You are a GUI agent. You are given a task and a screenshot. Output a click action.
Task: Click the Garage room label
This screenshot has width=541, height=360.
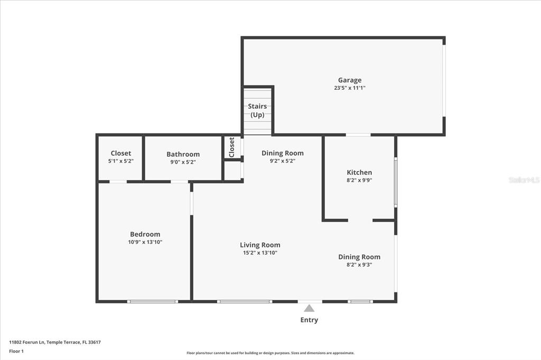[x=350, y=80]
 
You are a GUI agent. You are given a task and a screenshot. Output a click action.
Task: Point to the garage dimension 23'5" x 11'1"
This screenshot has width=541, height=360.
[x=350, y=88]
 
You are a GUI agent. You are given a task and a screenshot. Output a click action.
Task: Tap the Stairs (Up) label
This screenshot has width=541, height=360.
[x=257, y=110]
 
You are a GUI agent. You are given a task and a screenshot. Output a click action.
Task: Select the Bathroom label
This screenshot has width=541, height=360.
[x=183, y=154]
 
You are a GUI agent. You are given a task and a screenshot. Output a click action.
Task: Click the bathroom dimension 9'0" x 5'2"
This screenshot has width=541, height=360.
[x=183, y=162]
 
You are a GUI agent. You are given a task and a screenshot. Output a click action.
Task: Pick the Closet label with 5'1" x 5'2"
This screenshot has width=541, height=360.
[x=121, y=153]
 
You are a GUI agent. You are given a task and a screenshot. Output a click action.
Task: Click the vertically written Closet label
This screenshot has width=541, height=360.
[x=232, y=147]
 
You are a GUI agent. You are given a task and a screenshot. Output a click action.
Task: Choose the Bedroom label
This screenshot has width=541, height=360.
[x=145, y=234]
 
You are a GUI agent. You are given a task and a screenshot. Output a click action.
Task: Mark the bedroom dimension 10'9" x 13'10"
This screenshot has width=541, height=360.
[x=145, y=242]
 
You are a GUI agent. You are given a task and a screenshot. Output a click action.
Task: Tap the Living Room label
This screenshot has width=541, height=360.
[x=260, y=245]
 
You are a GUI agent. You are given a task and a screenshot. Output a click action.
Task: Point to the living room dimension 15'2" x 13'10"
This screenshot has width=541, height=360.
[x=260, y=253]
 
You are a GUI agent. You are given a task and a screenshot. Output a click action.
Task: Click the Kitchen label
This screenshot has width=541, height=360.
[x=359, y=173]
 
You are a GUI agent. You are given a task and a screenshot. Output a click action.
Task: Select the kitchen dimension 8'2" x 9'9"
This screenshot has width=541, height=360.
[x=359, y=180]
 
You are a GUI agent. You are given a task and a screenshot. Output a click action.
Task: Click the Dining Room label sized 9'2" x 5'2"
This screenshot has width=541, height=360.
[x=283, y=153]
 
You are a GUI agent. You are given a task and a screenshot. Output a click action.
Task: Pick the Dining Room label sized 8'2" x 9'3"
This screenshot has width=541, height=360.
[x=359, y=257]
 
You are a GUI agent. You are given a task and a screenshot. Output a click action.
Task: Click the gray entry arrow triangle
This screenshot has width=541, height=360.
[x=309, y=309]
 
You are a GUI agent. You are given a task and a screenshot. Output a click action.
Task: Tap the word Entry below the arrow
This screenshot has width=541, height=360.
[x=309, y=320]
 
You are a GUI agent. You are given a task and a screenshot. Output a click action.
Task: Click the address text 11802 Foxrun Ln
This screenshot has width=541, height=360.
[x=27, y=343]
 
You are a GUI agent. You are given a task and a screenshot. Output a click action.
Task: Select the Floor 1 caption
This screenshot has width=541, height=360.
[x=16, y=352]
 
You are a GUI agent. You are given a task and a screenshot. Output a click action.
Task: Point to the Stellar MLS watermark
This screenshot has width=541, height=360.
[x=524, y=179]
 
